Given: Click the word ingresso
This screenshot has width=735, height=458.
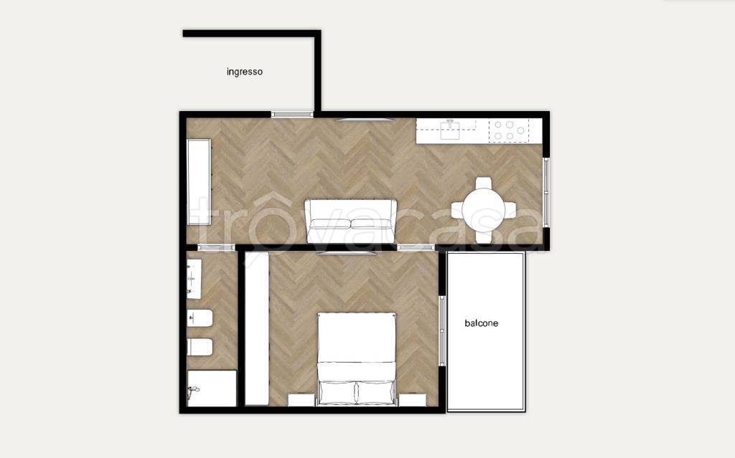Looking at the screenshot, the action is click(x=244, y=72).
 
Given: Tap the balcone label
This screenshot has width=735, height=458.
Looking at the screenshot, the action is click(x=481, y=323).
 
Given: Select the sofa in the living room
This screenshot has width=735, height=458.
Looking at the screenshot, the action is click(x=350, y=221).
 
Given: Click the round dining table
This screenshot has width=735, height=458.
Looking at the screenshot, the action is click(x=483, y=210).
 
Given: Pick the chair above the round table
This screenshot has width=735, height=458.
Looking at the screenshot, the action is click(x=483, y=183).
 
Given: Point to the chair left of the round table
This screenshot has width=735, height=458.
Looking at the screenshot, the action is click(x=457, y=210).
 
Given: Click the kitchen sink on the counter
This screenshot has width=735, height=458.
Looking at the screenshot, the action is click(x=450, y=129).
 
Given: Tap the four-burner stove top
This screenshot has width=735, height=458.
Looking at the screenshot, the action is click(x=509, y=130).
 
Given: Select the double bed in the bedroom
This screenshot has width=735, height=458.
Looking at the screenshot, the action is click(x=356, y=358).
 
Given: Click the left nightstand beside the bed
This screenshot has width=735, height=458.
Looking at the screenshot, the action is click(x=301, y=400).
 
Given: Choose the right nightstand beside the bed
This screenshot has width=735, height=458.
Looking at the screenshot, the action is click(x=413, y=400).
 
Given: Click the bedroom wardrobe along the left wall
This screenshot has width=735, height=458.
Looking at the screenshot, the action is click(x=257, y=328).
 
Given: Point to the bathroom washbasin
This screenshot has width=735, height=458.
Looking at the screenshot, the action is click(x=194, y=279).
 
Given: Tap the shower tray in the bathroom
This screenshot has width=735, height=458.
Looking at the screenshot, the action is click(x=212, y=388).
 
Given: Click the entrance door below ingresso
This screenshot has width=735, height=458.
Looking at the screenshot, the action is click(x=292, y=114).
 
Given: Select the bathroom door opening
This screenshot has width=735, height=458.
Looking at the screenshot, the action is click(x=216, y=248).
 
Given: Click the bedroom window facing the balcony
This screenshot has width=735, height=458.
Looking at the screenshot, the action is click(x=441, y=330).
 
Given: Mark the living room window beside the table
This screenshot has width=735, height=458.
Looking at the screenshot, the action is click(x=546, y=193).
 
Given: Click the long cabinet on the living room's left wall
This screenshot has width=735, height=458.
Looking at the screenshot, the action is click(x=200, y=181).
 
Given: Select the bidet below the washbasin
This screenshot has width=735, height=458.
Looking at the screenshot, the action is click(x=200, y=318).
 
